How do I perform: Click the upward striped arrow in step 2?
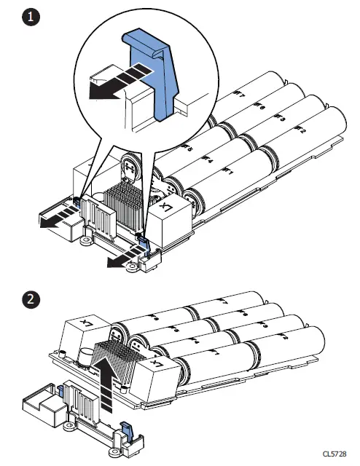(108, 375)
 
